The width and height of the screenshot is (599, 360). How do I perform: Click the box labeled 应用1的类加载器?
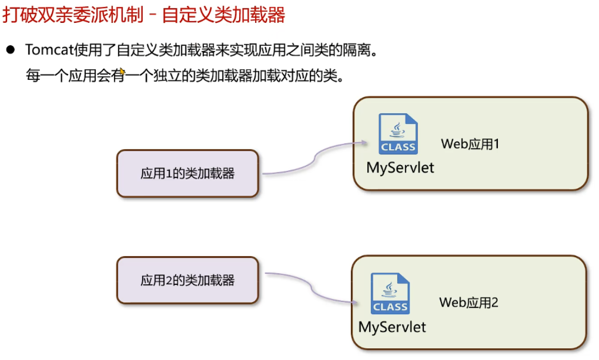(187, 174)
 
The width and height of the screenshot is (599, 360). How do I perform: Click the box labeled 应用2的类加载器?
(187, 280)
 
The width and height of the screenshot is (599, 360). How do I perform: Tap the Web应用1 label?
(470, 144)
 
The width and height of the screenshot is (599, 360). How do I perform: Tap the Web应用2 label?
(469, 302)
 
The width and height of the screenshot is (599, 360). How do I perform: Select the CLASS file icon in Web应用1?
(398, 134)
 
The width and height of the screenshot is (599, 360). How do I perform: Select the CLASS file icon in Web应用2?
(390, 293)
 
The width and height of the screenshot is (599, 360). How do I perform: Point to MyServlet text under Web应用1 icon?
(400, 167)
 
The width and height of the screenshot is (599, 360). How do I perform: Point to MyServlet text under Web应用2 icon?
(392, 326)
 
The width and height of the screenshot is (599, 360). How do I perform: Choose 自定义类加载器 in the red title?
(224, 15)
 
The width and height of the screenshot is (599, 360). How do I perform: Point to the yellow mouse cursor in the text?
(122, 71)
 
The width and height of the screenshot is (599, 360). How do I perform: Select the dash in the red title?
(152, 15)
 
